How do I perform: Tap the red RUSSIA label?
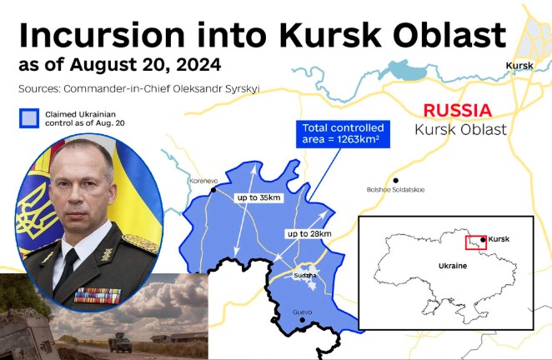pos(457,111)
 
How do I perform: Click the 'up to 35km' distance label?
pos(258,197)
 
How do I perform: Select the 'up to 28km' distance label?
pos(309,233)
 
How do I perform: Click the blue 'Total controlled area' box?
pos(343,134)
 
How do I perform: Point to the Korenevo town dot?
pos(213,190)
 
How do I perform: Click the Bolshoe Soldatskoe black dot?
pos(396,181)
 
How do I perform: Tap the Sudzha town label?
pos(305,275)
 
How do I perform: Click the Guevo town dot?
pos(302,320)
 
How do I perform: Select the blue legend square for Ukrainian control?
pos(29,118)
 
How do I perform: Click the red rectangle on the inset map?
pos(476,242)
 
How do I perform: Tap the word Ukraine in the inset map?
pos(453,266)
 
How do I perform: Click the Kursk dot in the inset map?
pos(483,240)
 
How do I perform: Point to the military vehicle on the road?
pos(120,342)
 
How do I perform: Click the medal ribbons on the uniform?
pos(98,296)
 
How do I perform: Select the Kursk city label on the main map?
pos(519,66)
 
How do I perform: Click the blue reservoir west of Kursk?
pos(405,70)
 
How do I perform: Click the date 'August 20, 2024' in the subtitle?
pos(145,65)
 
